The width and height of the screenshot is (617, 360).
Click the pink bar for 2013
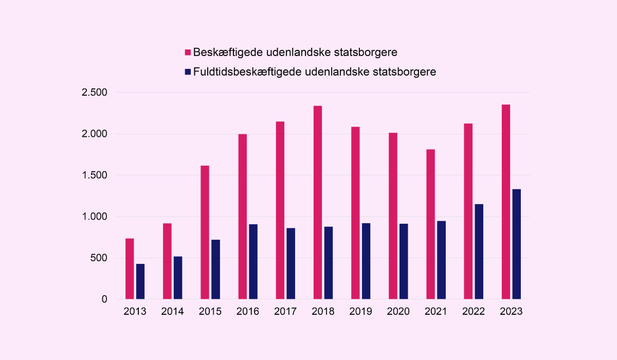point(130,268)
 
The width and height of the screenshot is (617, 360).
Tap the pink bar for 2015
point(205,232)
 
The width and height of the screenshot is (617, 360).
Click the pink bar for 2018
point(318,202)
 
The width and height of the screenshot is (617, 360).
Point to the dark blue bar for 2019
point(366,261)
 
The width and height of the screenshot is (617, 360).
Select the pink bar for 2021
point(430,224)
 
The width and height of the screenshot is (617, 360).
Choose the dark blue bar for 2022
point(479,251)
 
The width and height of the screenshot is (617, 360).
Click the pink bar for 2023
point(506,202)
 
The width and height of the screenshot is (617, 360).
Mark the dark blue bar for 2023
point(517,244)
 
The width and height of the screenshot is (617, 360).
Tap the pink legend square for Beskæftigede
point(188,52)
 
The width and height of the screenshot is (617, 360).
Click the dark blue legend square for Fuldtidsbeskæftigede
point(188,71)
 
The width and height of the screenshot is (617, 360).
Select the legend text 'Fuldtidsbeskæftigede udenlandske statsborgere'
point(315,71)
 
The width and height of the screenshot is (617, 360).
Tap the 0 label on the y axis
point(104,299)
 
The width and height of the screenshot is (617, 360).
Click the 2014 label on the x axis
point(173,312)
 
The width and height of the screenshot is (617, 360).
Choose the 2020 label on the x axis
point(398,312)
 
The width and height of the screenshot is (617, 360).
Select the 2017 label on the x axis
point(285,312)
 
